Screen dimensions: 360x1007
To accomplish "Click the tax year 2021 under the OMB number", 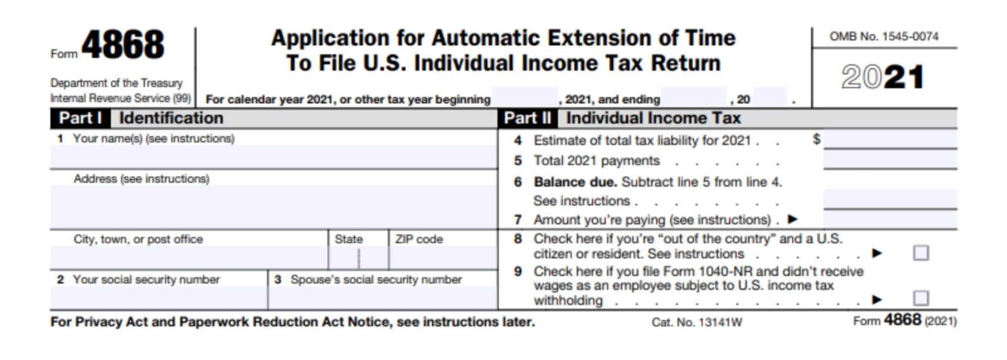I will [883, 78].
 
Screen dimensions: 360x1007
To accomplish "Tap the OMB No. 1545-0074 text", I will [884, 36].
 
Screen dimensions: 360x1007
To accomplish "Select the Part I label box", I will [80, 119].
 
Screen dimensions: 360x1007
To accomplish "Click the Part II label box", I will [527, 119].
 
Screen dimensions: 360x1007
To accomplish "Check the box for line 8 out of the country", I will [920, 253].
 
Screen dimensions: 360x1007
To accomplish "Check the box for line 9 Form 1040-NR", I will [920, 298].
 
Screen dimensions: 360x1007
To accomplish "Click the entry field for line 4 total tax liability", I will [890, 140].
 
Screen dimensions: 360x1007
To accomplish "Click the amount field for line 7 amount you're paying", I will [890, 220].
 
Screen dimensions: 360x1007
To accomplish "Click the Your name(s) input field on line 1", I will [273, 157].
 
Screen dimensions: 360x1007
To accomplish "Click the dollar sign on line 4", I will [816, 139].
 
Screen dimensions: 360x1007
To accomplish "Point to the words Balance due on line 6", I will [575, 182].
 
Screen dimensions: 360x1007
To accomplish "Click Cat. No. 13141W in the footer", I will [697, 323].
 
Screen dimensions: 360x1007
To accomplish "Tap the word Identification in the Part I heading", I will [171, 119].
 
